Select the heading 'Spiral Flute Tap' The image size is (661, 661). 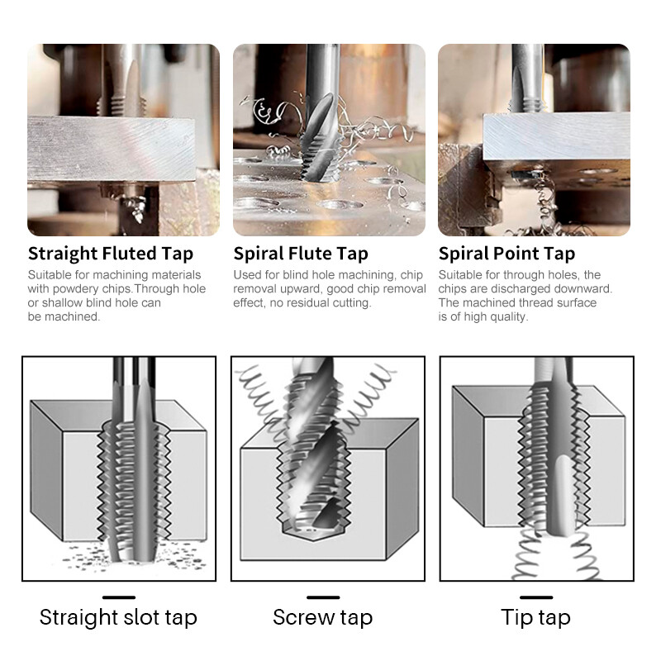[301, 253]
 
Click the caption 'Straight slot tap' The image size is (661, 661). [118, 617]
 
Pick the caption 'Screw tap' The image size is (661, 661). [322, 617]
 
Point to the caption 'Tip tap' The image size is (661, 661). [535, 617]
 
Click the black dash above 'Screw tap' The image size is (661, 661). [322, 597]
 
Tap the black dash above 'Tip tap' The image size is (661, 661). [536, 597]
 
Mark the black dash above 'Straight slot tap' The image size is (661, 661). [118, 597]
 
